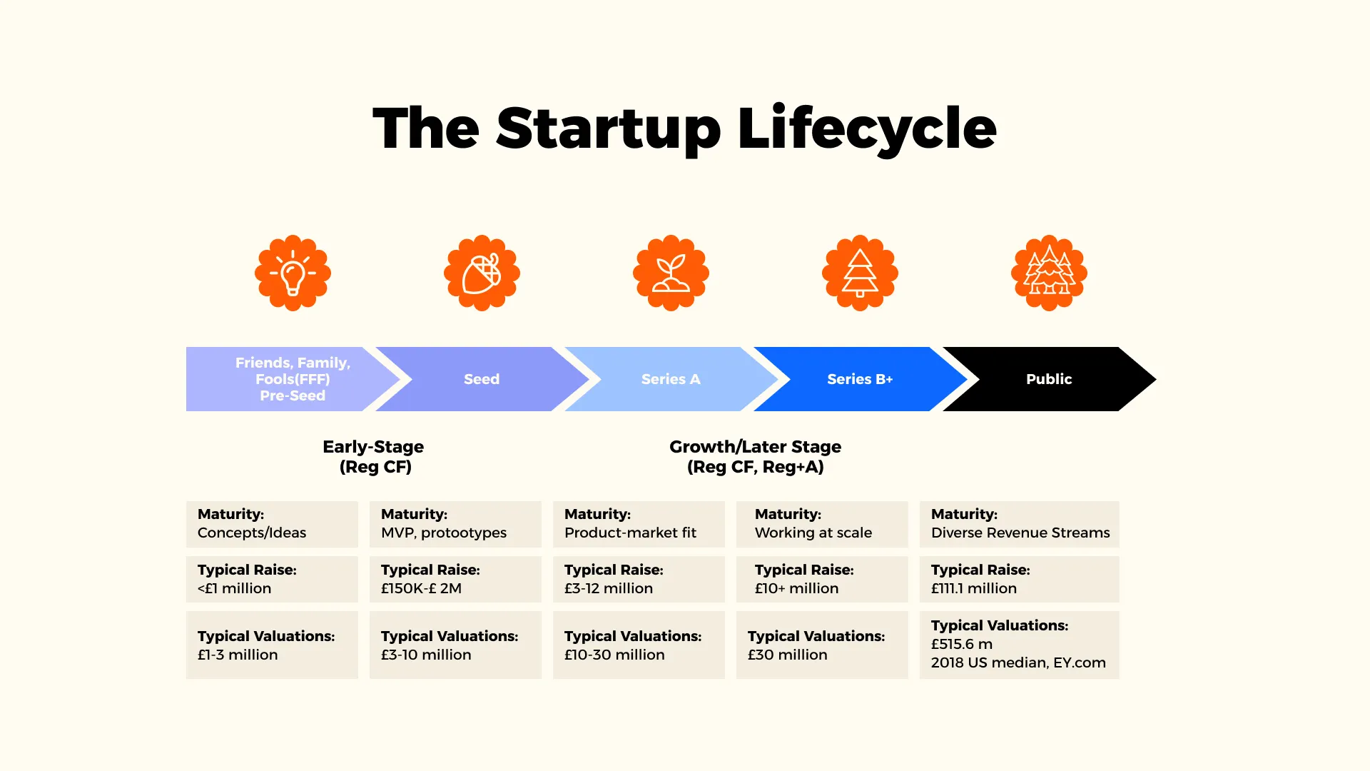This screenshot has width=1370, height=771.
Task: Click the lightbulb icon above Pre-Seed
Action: [293, 273]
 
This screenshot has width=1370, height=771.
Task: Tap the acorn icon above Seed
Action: [482, 273]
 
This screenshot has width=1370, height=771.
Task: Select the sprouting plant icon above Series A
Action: [671, 273]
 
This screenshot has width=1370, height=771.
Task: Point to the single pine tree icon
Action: [860, 273]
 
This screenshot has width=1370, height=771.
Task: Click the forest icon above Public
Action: [1049, 273]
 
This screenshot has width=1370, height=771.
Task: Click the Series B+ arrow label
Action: [860, 379]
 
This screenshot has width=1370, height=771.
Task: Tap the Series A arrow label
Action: [671, 379]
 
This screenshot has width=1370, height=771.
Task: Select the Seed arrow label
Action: [482, 379]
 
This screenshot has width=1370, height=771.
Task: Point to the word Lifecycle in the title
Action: [866, 128]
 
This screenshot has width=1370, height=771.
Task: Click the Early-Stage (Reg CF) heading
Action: [373, 456]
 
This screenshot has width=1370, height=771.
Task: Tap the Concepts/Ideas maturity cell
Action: [272, 524]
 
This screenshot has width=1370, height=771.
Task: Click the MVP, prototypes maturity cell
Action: [455, 524]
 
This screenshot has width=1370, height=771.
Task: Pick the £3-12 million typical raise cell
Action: [639, 579]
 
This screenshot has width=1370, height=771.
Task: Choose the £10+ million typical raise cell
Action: [822, 579]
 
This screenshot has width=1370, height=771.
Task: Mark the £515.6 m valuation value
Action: [961, 644]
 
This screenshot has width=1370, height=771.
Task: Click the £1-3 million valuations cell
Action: [272, 645]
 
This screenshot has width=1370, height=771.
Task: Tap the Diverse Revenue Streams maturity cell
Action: [1019, 524]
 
